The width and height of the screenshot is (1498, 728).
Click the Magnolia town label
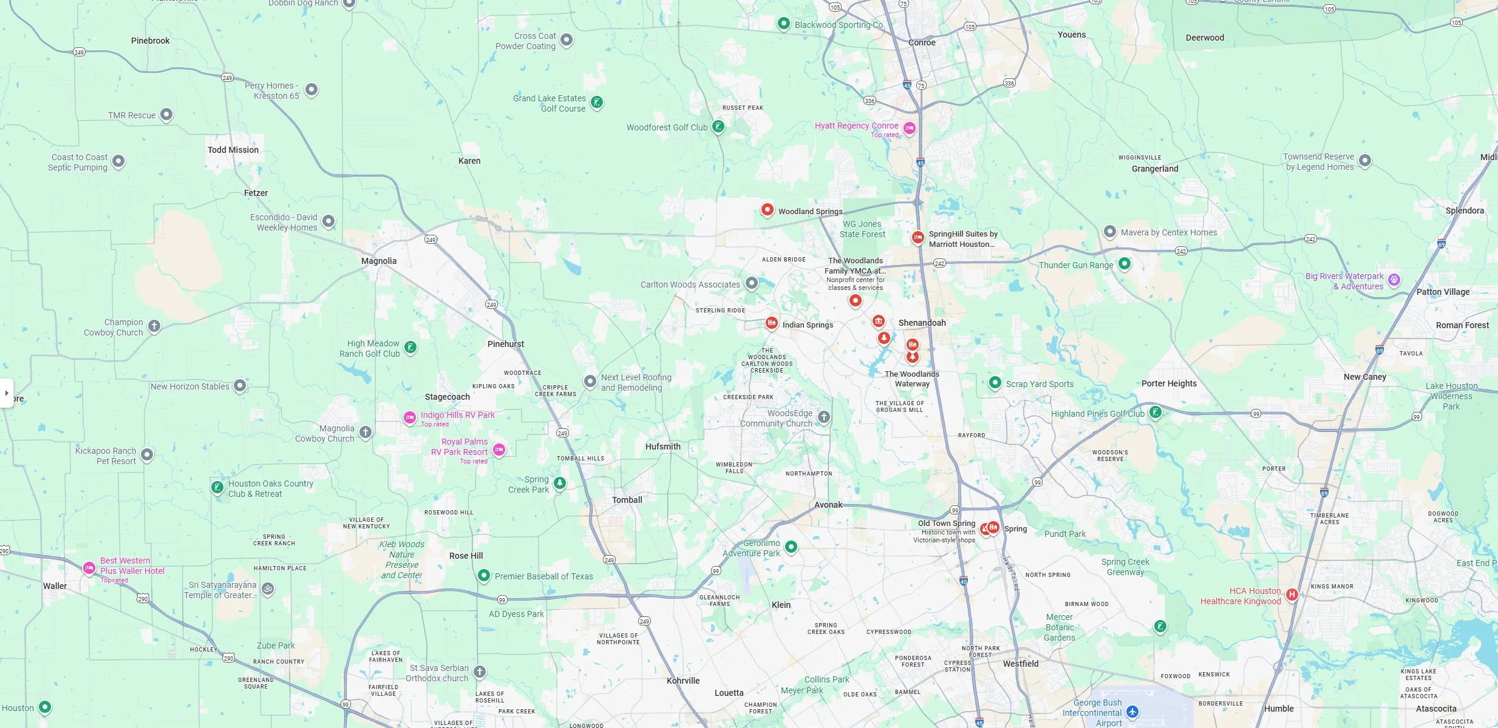point(379,261)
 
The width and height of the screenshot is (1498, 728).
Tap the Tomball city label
point(627,500)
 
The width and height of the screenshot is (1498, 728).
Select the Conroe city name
point(922,42)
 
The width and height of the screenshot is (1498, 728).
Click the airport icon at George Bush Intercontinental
point(1132,712)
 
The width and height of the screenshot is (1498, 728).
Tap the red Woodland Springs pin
point(768,210)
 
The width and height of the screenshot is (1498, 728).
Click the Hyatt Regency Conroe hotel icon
point(910,128)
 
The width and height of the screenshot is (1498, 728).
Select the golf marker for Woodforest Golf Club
point(718,127)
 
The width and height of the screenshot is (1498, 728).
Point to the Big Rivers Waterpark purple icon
point(1395,280)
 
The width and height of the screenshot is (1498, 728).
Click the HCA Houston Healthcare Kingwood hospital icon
point(1292,595)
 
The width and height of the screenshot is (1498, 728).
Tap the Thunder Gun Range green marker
point(1125,264)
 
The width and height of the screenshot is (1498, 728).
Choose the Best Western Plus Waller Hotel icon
point(89,568)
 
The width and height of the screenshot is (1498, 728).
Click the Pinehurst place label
point(505,344)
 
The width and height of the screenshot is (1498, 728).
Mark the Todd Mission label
point(233,150)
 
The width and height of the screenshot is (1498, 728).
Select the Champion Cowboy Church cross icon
point(154,326)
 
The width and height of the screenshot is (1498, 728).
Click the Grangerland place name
point(1155,169)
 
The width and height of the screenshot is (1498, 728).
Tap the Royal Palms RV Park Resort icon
point(499,450)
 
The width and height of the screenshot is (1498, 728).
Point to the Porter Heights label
point(1169,383)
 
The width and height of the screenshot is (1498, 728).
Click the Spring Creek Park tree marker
point(560,484)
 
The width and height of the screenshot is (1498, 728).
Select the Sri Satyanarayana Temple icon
point(268,588)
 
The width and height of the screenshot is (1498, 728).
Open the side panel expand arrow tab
point(7,393)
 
